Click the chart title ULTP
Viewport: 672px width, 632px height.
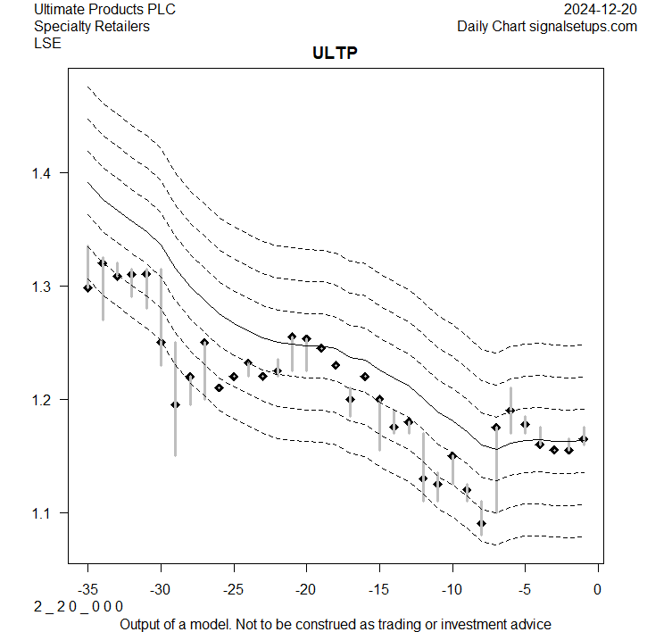click(x=335, y=54)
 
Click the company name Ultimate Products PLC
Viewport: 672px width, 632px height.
click(x=105, y=10)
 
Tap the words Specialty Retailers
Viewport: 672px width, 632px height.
click(x=92, y=27)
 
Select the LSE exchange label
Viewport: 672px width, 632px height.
click(x=47, y=43)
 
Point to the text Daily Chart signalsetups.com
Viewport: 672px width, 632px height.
click(x=547, y=27)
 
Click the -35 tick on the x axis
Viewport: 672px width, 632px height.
click(x=87, y=589)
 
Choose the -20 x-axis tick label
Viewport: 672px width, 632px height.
click(x=306, y=589)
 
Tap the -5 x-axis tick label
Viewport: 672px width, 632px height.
click(x=525, y=589)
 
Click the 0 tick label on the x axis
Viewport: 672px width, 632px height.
click(x=597, y=589)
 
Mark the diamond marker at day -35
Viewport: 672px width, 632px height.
click(x=87, y=287)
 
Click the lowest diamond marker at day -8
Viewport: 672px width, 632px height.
click(x=481, y=523)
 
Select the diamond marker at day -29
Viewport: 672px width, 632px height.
click(x=175, y=404)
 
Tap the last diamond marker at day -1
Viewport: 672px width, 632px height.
click(x=584, y=438)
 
